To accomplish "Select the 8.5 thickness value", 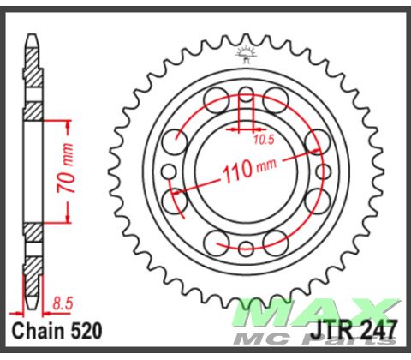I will click(61, 303).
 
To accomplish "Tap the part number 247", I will click(379, 330).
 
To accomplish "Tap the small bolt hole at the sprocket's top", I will click(246, 93).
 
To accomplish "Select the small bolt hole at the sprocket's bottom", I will click(246, 249).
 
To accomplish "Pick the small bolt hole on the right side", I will click(324, 171).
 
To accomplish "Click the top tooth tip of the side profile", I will click(32, 40).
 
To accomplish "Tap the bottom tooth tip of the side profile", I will click(32, 302).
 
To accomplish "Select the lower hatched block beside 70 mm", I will click(32, 231).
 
